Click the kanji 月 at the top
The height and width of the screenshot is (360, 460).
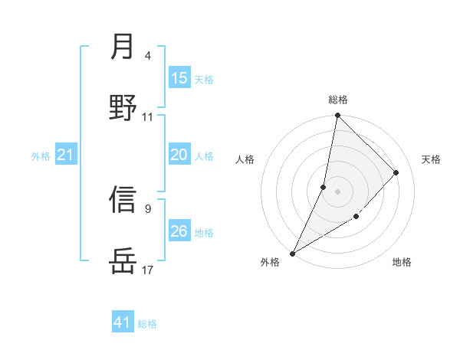123,47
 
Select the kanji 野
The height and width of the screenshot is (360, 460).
123,108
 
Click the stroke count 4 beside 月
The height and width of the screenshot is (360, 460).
148,56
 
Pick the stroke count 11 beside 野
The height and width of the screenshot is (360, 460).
148,117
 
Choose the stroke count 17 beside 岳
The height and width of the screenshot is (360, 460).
148,270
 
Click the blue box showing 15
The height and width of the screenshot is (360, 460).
179,78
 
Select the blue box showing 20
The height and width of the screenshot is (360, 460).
179,155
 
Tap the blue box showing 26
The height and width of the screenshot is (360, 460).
179,231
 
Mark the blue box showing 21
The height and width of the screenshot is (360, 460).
66,155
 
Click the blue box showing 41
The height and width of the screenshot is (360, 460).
123,322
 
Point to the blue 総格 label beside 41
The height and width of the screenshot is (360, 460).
147,324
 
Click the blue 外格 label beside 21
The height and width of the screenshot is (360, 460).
41,156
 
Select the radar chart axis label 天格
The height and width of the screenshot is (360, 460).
431,159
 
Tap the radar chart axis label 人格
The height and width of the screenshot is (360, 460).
245,159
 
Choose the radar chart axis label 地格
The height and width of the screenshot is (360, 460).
402,263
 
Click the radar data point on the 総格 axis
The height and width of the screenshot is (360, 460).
337,116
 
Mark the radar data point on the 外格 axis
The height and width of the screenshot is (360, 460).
292,253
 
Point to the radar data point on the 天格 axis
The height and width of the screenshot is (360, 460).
396,172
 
